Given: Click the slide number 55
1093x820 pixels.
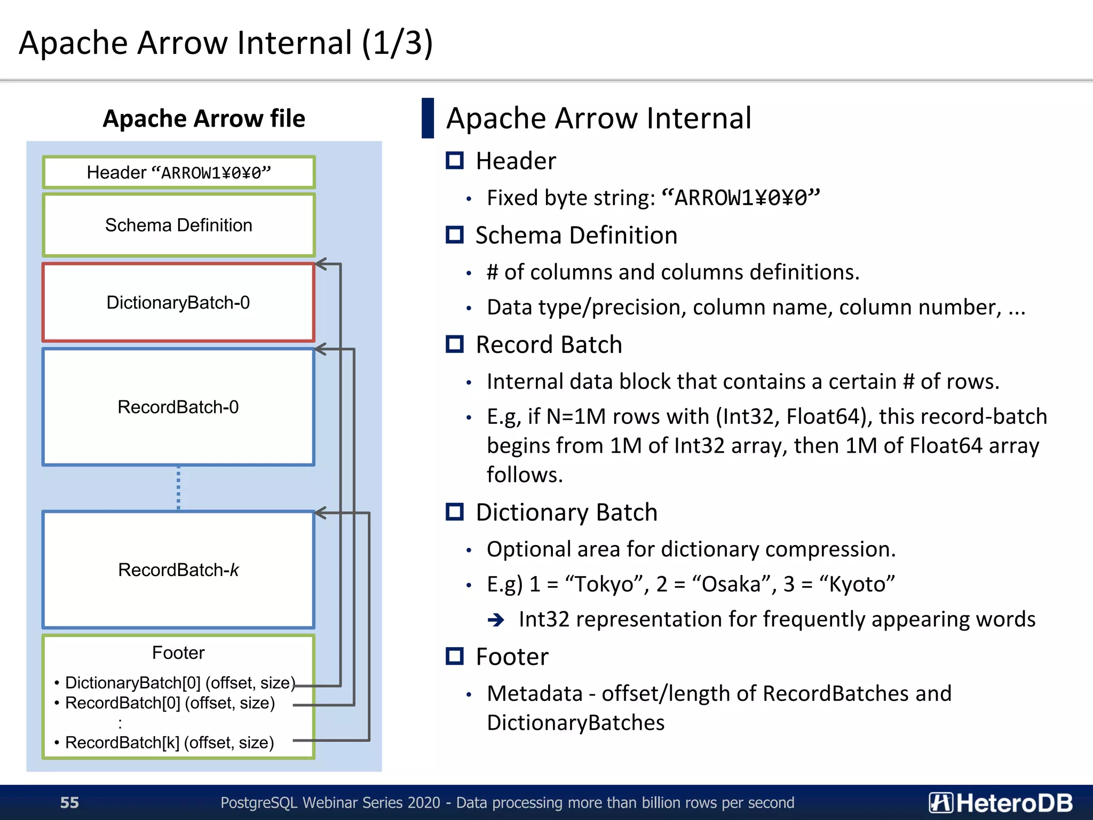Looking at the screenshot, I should point(69,802).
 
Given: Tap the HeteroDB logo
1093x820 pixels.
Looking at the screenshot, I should point(1000,802).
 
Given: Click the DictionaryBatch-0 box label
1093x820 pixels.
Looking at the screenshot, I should point(178,303).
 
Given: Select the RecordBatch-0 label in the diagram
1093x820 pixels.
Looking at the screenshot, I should point(178,407).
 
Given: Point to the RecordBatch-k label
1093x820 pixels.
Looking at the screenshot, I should point(178,570).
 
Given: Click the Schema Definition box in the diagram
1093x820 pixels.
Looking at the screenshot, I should point(178,225).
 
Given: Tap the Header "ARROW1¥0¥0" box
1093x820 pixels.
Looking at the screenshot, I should point(178,172).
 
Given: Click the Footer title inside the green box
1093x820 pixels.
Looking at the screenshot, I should point(178,652).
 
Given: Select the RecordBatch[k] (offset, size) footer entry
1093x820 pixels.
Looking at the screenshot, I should point(169,743).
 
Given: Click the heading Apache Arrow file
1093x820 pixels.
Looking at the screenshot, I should point(204,119).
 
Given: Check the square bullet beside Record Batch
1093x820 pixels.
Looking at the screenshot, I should point(455,344).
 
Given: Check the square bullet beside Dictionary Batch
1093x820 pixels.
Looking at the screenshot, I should point(455,512).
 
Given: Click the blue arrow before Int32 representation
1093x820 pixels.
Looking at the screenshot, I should point(496,620).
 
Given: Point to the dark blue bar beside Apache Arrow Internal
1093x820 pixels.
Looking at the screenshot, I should point(427,118).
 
